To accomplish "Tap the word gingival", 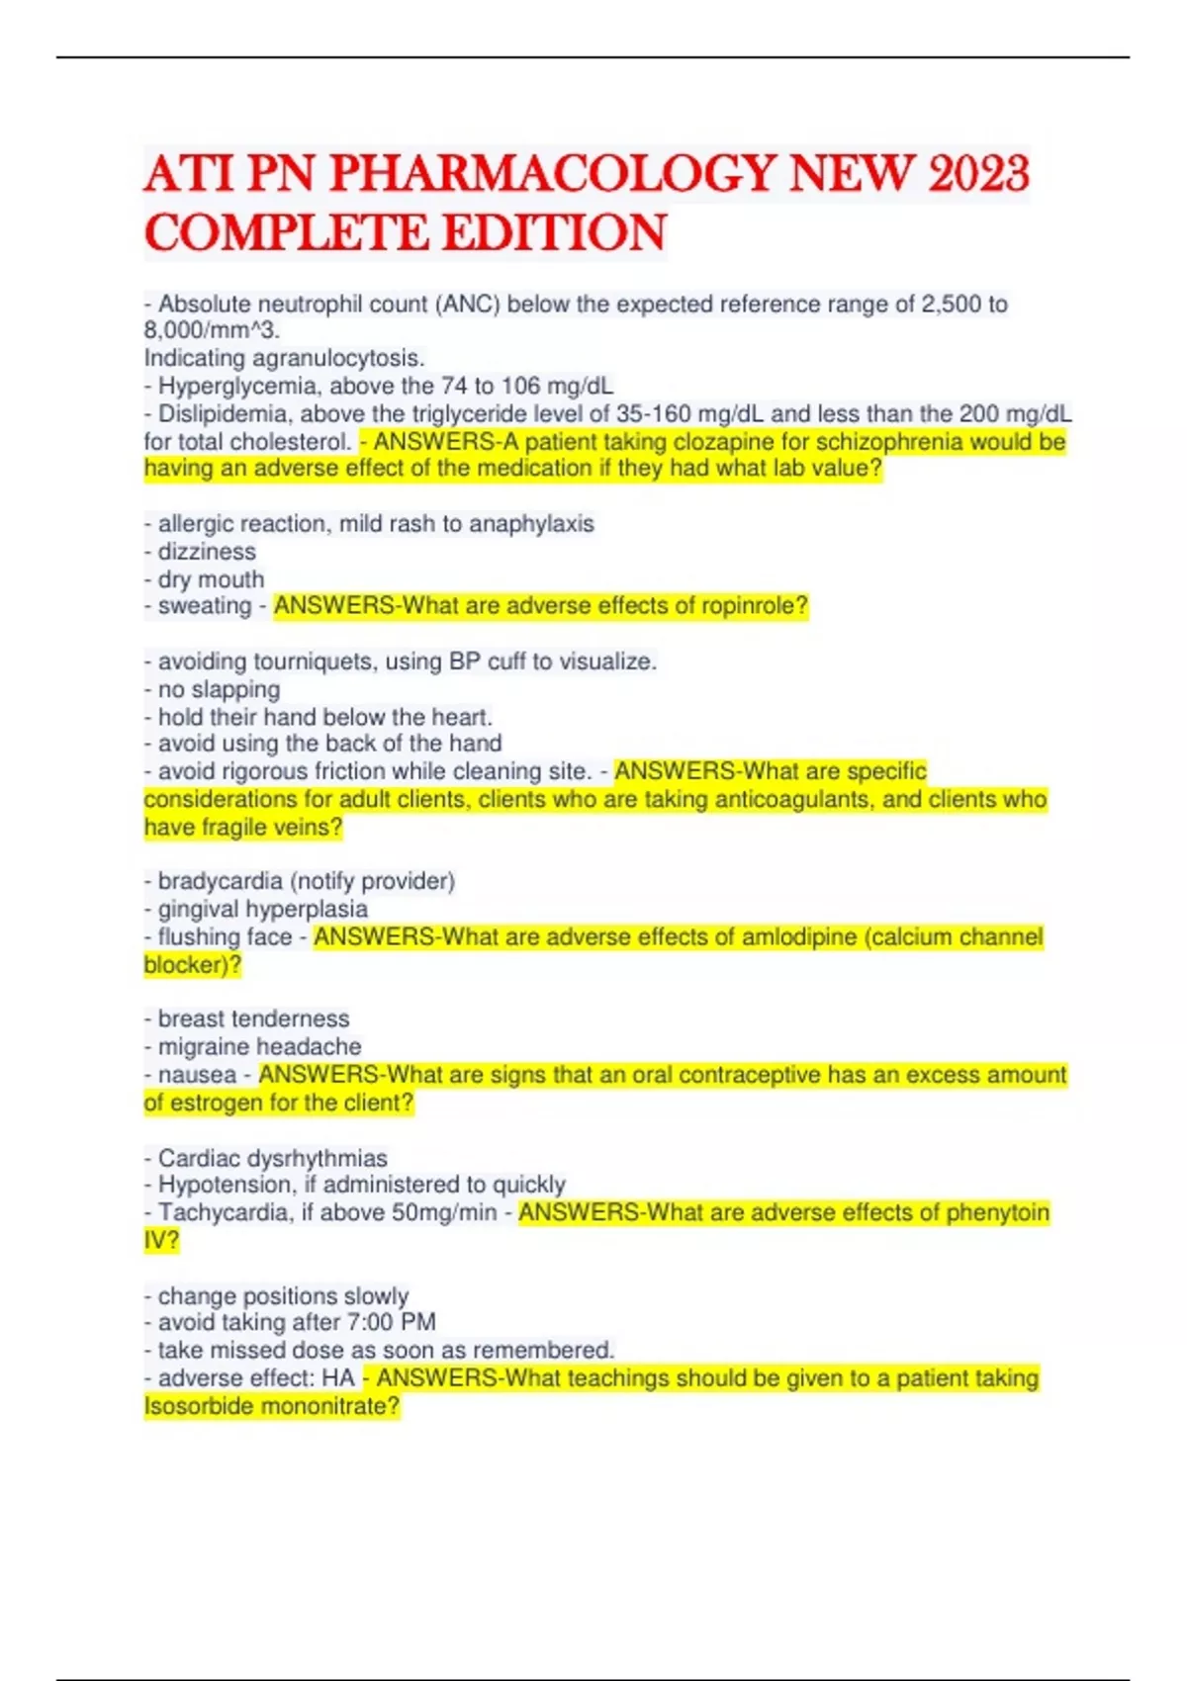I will click(198, 909).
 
